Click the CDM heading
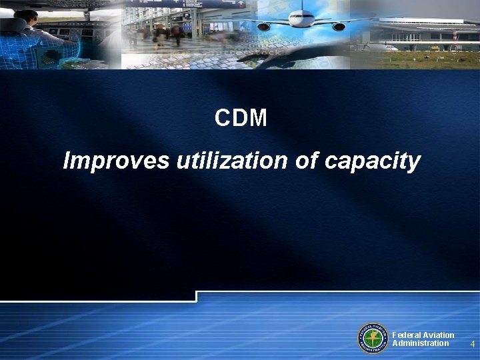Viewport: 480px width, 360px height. pyautogui.click(x=241, y=119)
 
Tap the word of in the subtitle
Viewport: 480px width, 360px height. pyautogui.click(x=306, y=161)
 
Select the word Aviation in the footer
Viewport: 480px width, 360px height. pyautogui.click(x=439, y=335)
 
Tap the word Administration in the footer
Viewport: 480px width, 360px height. pyautogui.click(x=420, y=343)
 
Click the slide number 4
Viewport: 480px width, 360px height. pyautogui.click(x=472, y=345)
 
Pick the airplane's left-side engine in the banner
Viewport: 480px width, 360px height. pyautogui.click(x=264, y=27)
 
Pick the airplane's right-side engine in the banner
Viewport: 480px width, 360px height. pyautogui.click(x=339, y=27)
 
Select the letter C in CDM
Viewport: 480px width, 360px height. pyautogui.click(x=223, y=119)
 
